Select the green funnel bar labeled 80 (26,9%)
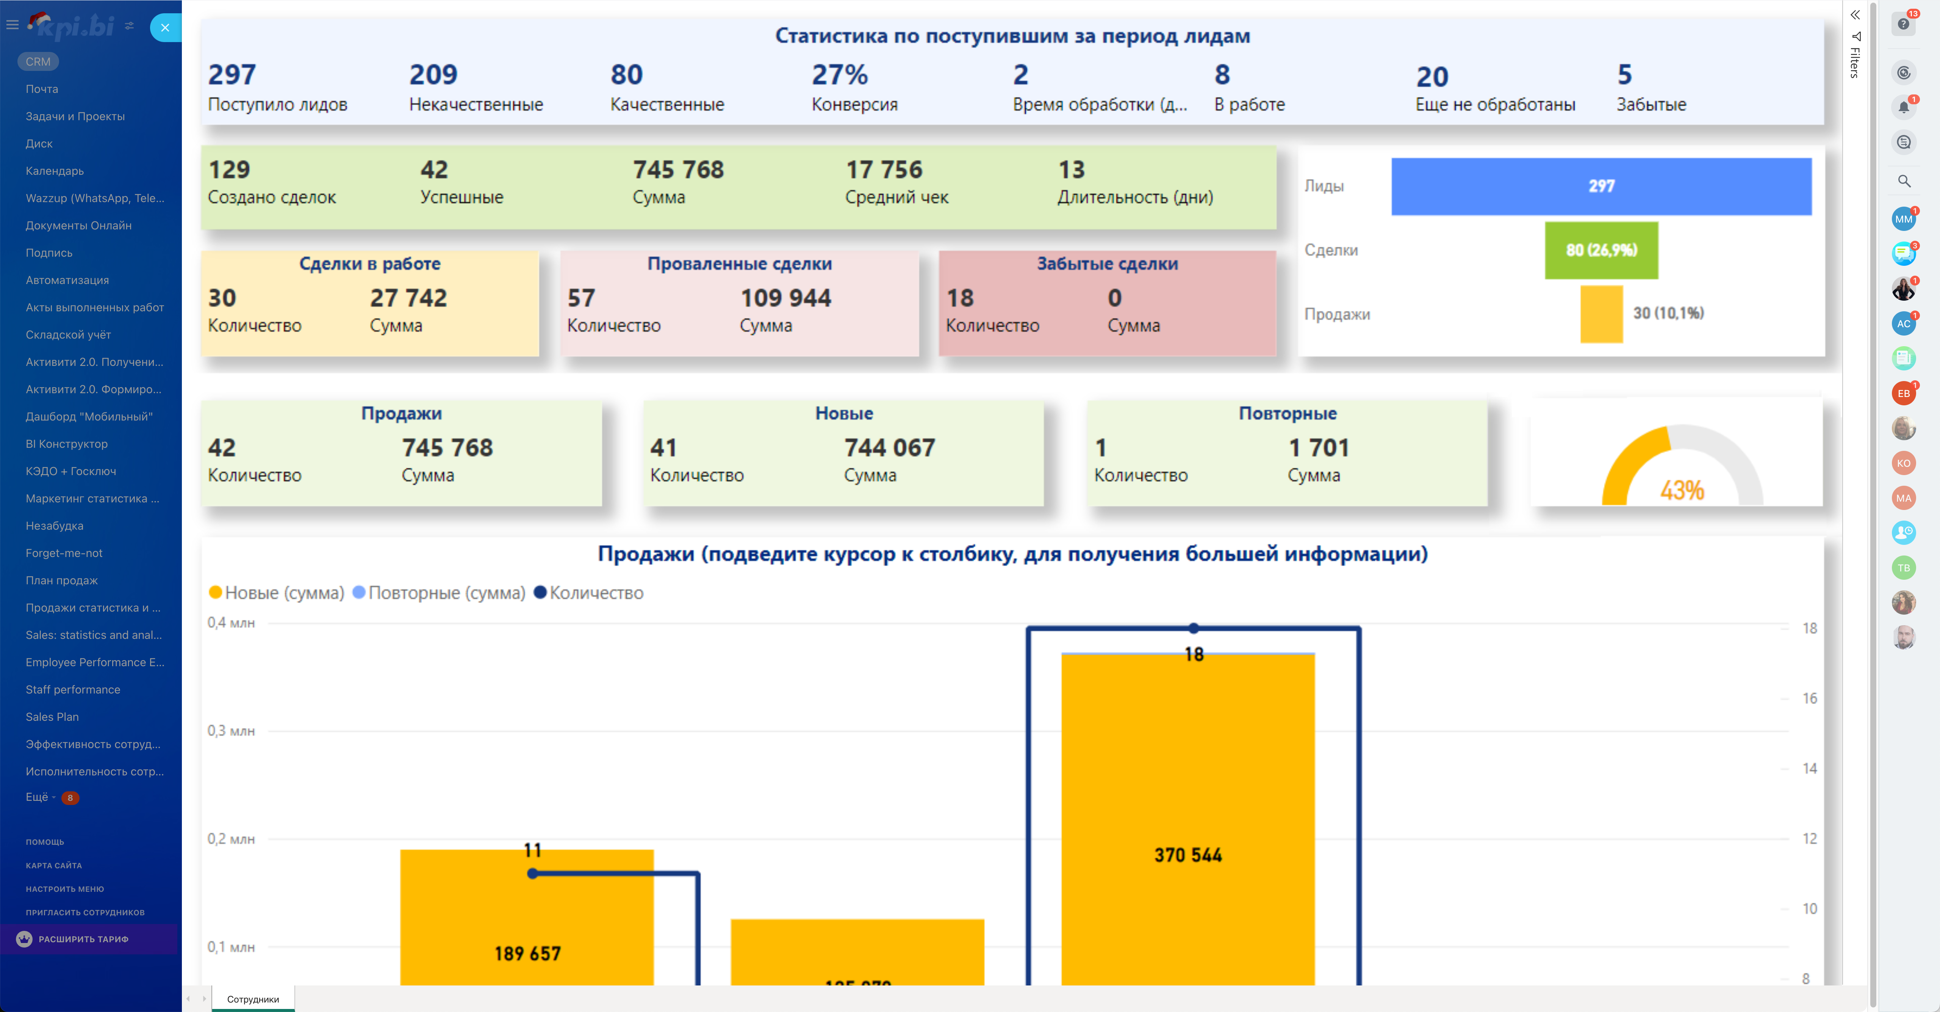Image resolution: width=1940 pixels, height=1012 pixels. coord(1601,250)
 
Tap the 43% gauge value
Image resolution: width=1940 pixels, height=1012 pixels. coord(1682,491)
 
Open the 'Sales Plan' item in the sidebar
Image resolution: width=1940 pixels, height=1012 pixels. coord(52,717)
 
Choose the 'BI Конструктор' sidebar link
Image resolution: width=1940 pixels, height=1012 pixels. coord(66,444)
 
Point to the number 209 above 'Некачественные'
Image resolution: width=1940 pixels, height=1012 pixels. coord(433,75)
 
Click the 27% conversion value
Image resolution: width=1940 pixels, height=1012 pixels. coord(839,75)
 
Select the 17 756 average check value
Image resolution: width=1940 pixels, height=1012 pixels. coord(883,169)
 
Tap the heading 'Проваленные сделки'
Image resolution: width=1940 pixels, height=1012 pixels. coord(739,264)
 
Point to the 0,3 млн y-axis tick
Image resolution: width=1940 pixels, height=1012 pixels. coord(231,731)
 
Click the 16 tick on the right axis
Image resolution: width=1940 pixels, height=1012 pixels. coord(1809,698)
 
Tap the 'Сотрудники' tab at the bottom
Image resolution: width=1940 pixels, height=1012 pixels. coord(253,999)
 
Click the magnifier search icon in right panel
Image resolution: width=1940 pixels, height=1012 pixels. coord(1904,181)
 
